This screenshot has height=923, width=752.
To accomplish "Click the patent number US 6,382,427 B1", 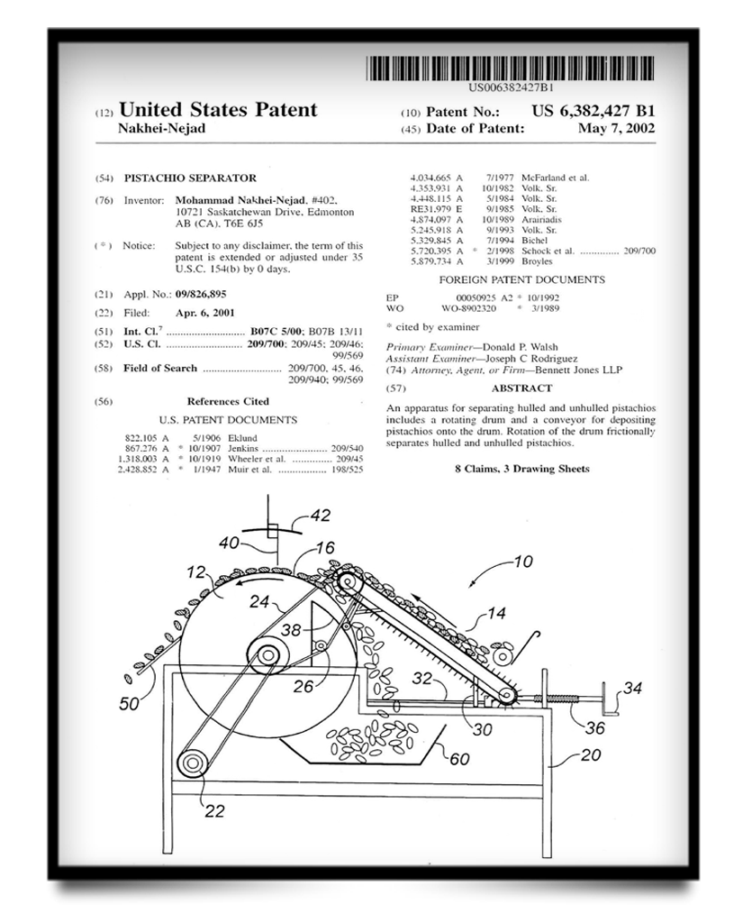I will (x=593, y=112).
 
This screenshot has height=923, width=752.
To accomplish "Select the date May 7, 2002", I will (x=618, y=129).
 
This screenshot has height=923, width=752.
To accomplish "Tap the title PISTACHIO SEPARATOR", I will (x=190, y=178).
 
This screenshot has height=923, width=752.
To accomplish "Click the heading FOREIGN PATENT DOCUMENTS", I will (x=521, y=280).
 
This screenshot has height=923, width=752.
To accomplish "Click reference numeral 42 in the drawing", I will (x=320, y=516).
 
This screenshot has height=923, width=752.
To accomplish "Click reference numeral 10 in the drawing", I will (x=522, y=561).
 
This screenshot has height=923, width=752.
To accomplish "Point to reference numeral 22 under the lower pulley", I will (x=213, y=810).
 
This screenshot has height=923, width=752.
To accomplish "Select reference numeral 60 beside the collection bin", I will (x=458, y=759).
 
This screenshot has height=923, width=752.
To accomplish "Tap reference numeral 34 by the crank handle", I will (x=633, y=690).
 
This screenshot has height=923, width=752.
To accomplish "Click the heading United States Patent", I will (x=218, y=111).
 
